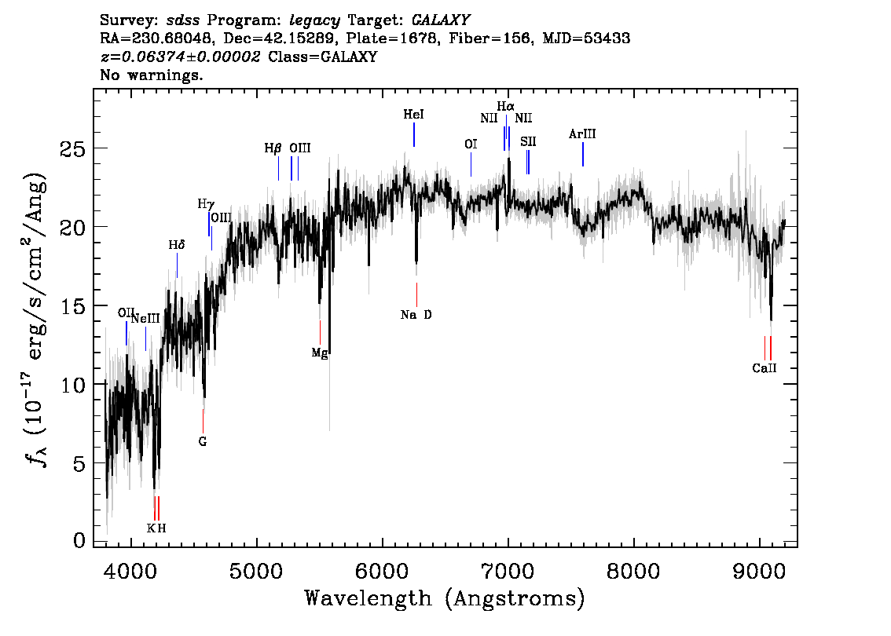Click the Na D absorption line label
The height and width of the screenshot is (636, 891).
click(x=416, y=315)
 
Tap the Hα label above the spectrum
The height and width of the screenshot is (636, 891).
click(x=505, y=106)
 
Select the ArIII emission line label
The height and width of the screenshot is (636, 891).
click(x=582, y=134)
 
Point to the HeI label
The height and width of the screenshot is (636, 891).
click(x=413, y=115)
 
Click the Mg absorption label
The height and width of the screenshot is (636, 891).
click(x=319, y=353)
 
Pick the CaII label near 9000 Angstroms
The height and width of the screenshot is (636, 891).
click(x=764, y=367)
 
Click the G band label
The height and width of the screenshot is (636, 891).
click(x=203, y=441)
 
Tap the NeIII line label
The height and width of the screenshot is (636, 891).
click(x=145, y=318)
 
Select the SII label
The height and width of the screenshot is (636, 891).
click(x=528, y=141)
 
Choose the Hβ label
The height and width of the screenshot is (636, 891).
click(x=273, y=148)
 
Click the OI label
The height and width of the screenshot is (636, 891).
click(x=471, y=144)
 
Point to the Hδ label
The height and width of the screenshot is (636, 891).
click(x=177, y=245)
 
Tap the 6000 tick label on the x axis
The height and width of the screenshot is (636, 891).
click(x=382, y=568)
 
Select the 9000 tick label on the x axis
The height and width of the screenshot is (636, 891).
click(x=759, y=568)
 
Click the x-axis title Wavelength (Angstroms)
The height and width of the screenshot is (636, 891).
click(x=445, y=598)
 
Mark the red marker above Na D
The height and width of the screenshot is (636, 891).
click(x=416, y=294)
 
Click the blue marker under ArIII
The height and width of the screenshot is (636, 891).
click(x=582, y=155)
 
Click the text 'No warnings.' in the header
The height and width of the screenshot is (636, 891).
click(x=152, y=75)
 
